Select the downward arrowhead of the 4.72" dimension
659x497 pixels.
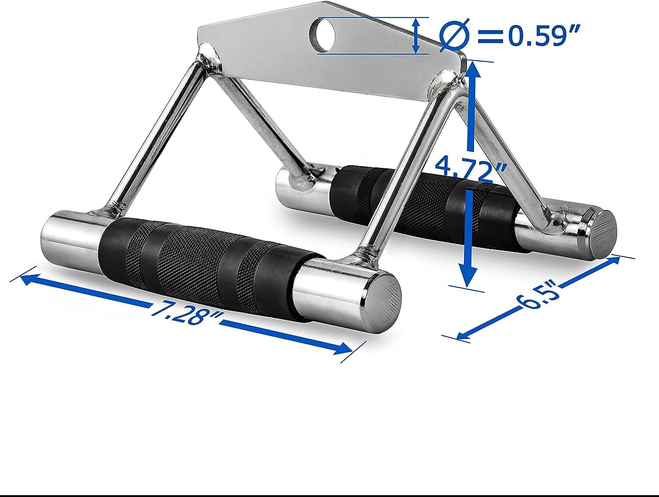pos(468,277)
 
